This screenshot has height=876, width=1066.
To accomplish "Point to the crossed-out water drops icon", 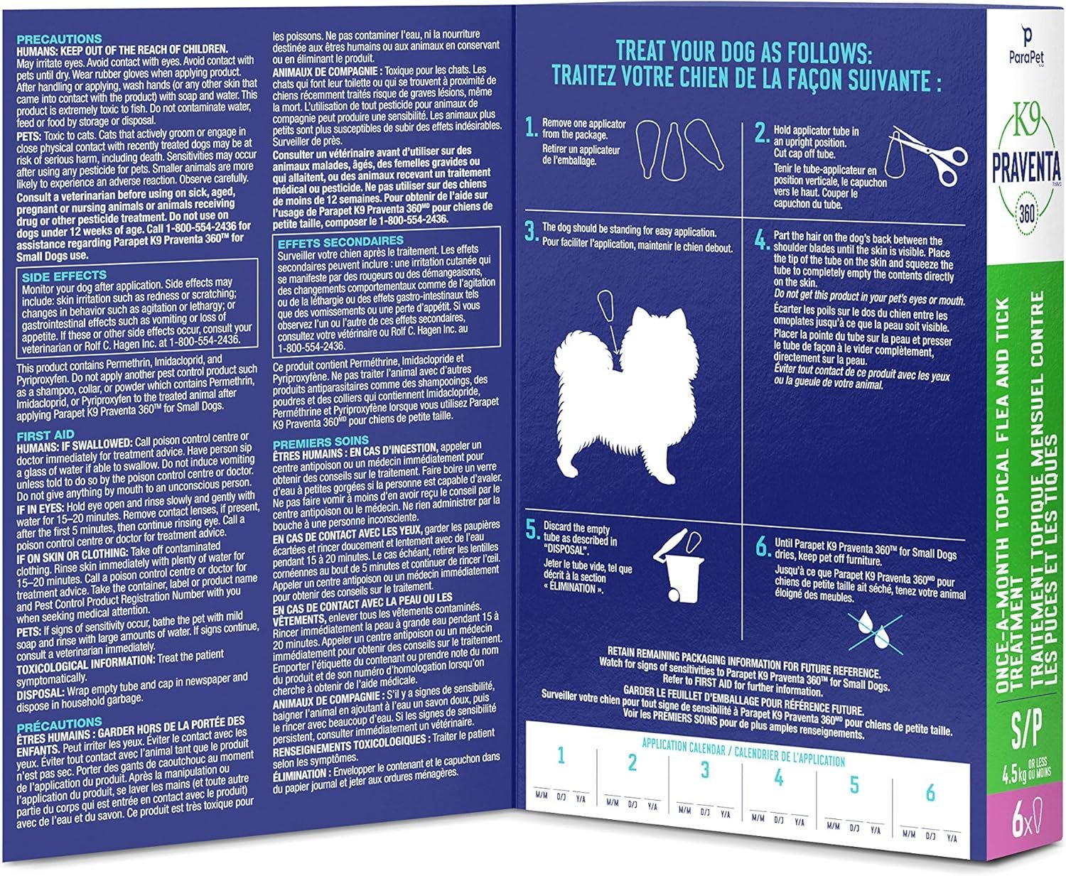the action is click(875, 632).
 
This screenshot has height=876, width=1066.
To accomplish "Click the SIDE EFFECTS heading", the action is click(64, 276).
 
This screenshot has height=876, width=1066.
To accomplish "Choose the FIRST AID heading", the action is click(45, 436).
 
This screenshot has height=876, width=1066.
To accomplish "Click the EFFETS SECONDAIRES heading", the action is click(340, 242).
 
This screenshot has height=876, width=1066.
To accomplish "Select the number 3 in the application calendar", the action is click(705, 770).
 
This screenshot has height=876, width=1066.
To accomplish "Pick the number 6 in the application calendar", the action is click(930, 793).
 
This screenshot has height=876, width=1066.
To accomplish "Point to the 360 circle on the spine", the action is click(1027, 214).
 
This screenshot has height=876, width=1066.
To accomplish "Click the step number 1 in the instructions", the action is click(532, 126).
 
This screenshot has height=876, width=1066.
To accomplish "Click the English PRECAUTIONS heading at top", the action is click(59, 39).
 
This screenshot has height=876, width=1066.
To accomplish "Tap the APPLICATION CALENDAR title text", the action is click(684, 746).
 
